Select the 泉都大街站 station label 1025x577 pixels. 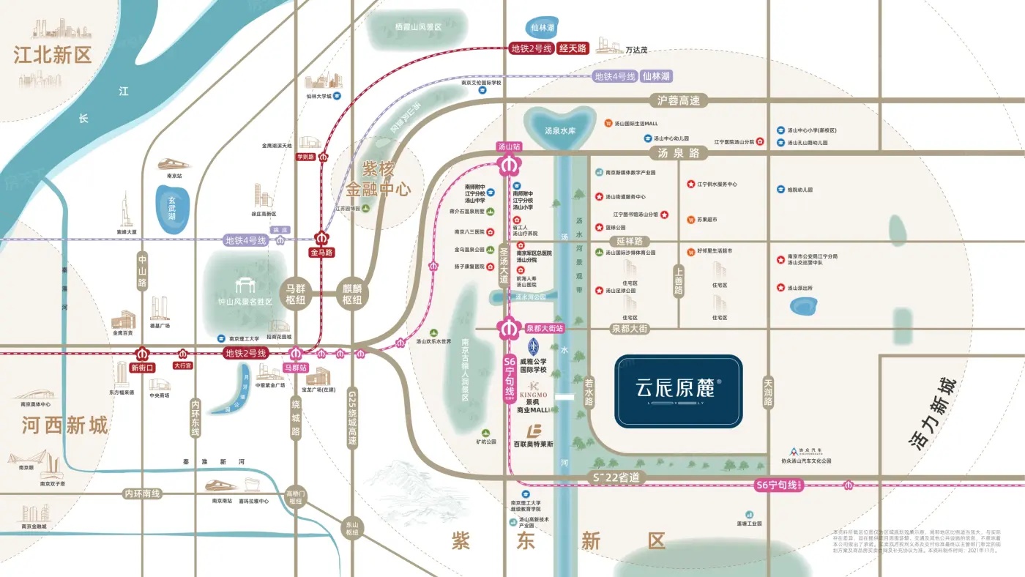coord(545,329)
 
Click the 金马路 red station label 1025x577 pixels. coord(321,253)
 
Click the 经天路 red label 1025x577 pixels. coord(573,49)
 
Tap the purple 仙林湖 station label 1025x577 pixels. coord(656,76)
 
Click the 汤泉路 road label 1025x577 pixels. coord(679,154)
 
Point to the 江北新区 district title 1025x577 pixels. coord(53,55)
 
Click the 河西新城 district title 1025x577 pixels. coord(65,425)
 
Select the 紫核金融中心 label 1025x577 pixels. coord(379,179)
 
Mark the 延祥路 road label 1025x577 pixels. coord(629,241)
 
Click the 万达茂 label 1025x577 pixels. coord(636,50)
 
